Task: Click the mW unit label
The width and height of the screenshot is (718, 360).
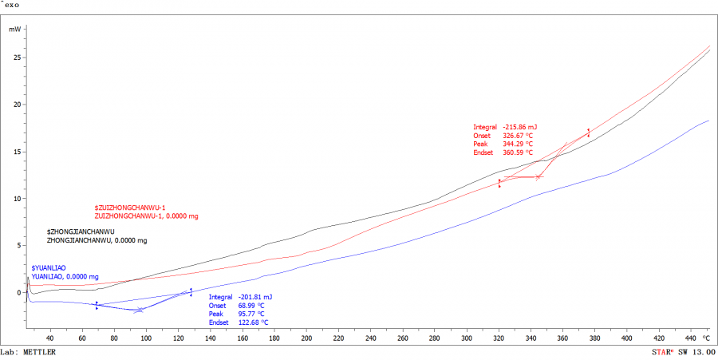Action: pos(15,29)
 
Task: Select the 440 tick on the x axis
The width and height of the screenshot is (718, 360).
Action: pos(690,337)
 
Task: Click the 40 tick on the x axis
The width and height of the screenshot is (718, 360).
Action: pos(49,337)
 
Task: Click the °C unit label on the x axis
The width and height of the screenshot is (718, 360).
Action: pos(706,337)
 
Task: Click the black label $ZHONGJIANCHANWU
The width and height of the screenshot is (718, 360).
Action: pos(81,231)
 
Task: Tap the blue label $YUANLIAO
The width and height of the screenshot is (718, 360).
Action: pos(49,267)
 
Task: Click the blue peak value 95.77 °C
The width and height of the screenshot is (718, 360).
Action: pos(250,314)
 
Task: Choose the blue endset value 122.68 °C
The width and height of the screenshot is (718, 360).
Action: pos(251,322)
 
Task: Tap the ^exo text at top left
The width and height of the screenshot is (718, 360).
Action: pos(10,4)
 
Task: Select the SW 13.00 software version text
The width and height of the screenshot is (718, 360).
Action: pos(697,352)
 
